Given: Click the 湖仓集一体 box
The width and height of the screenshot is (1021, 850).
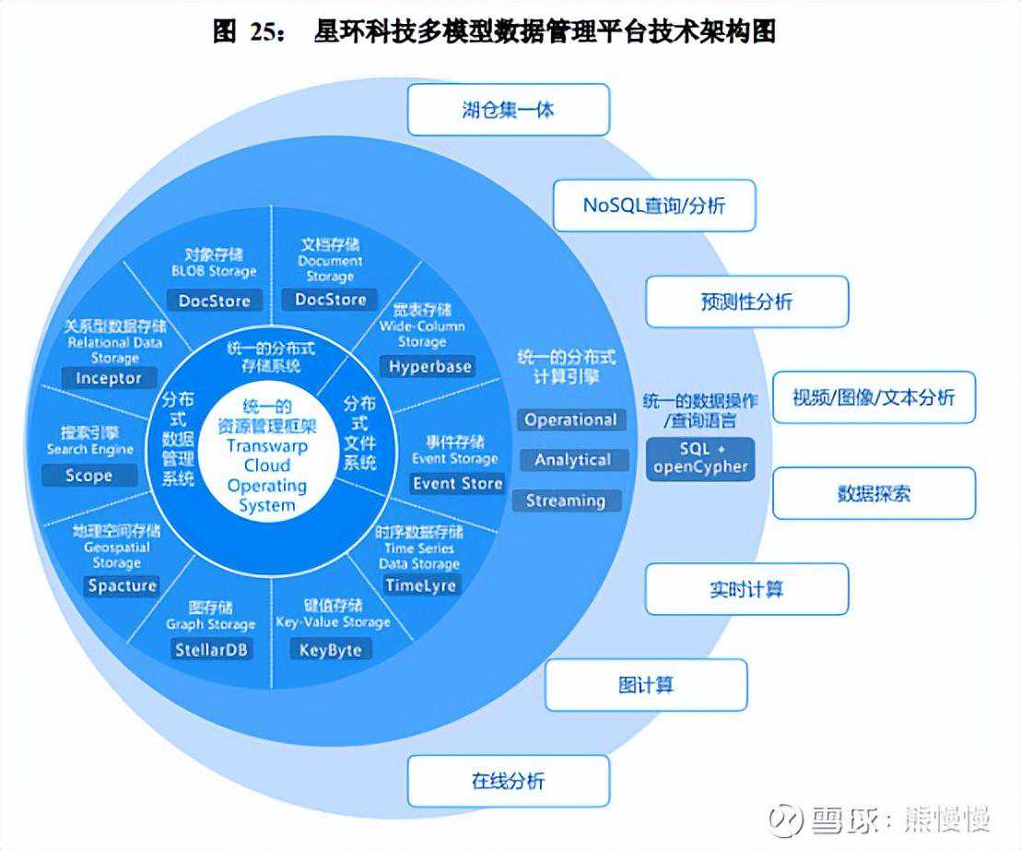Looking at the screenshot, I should click(508, 110).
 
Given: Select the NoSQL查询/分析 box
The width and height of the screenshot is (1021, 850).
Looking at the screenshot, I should click(653, 205).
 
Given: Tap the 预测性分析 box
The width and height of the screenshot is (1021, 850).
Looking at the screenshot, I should click(745, 301).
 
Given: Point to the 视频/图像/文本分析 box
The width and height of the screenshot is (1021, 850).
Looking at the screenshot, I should click(873, 397).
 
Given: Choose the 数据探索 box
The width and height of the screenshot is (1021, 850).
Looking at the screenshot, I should click(873, 493).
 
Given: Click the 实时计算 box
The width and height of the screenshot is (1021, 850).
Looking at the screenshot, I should click(745, 589).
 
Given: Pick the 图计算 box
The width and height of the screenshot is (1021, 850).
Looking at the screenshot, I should click(645, 685).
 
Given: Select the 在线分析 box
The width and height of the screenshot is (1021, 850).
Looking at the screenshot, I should click(508, 781).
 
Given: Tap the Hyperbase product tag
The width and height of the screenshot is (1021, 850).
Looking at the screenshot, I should click(429, 366).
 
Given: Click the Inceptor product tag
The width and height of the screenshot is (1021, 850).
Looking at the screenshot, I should click(109, 378).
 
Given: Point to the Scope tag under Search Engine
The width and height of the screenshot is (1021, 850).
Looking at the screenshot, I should click(89, 476).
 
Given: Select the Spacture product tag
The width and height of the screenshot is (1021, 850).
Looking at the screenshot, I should click(123, 585).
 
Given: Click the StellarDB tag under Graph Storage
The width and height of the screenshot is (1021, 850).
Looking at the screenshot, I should click(212, 649).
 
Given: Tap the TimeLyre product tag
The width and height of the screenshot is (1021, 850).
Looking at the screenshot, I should click(421, 585).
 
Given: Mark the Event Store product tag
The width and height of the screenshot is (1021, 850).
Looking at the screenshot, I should click(457, 483).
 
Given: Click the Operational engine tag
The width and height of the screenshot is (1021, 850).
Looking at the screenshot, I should click(570, 419).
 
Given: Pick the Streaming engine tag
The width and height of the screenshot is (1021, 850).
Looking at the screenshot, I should click(565, 501).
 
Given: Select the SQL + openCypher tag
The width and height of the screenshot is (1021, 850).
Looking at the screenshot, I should click(700, 457).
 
